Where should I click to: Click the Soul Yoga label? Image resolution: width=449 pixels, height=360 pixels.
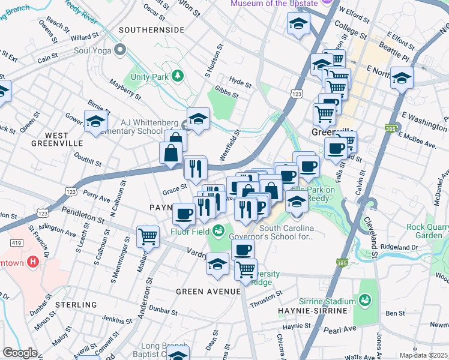point(92,50)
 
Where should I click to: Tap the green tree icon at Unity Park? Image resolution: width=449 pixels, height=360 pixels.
point(176,76)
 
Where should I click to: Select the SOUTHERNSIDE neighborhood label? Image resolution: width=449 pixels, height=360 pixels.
point(151,29)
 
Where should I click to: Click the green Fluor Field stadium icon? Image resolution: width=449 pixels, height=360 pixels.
point(219,229)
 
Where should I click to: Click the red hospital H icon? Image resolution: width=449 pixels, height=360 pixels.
point(33,262)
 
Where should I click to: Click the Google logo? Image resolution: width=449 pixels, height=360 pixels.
point(20,353)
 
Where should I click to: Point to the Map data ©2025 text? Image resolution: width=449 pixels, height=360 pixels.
point(423,355)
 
